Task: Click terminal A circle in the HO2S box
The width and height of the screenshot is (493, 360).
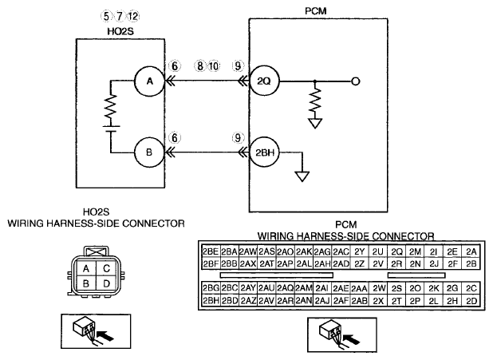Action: pos(150,81)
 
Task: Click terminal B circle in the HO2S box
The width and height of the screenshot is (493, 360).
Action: pos(149,152)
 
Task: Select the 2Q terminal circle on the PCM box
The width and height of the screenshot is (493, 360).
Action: pos(264,81)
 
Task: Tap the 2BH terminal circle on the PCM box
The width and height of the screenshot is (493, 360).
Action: pos(264,152)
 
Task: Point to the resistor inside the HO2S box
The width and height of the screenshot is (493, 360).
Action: pos(111,106)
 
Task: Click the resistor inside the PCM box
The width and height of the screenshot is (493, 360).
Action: pos(315,101)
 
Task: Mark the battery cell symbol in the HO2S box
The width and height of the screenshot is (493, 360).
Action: pos(111,129)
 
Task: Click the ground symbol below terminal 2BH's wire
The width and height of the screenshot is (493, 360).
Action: pos(302,176)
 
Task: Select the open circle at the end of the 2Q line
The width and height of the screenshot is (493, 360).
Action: pos(355,81)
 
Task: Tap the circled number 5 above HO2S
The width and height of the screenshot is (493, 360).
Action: pos(106,16)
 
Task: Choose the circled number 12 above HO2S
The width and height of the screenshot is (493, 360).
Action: pos(133,16)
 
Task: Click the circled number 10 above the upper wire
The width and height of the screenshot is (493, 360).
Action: pos(214,66)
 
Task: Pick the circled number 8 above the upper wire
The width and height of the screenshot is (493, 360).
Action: pos(199,66)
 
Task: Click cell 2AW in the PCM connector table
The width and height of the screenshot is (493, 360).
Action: pos(248,251)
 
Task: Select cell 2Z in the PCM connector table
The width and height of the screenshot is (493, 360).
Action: pos(359,263)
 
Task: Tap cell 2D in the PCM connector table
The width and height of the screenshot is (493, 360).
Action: pos(471,301)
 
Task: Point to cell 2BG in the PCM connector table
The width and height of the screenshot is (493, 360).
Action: pos(211,288)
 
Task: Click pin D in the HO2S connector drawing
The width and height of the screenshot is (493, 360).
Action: pos(106,283)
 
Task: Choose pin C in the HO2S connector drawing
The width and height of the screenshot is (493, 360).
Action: pos(106,268)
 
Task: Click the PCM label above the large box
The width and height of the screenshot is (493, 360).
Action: pos(316,11)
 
